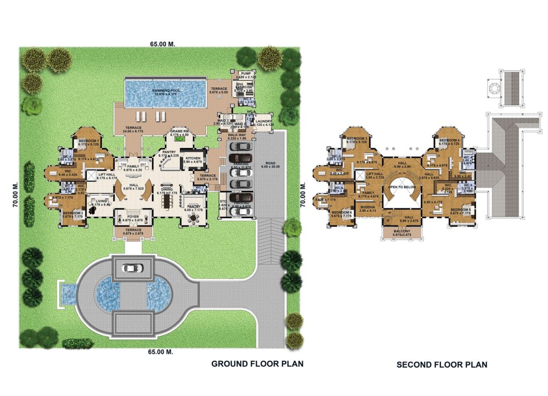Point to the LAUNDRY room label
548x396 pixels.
[x=264, y=121]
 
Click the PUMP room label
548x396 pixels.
[x=246, y=73]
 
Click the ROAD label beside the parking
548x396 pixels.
[x=269, y=163]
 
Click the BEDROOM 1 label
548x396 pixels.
[x=86, y=140]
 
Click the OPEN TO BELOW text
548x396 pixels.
[x=403, y=188]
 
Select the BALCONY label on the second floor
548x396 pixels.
[x=397, y=231]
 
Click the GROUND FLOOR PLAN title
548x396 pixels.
[x=257, y=364]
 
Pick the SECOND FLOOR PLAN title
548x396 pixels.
[x=442, y=365]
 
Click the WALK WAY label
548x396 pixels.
[x=236, y=135]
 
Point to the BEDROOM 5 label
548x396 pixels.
[x=460, y=209]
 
